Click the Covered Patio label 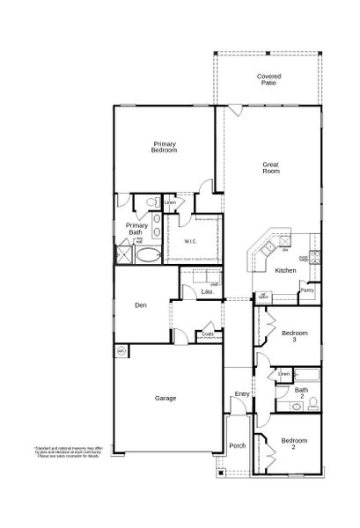click(x=269, y=79)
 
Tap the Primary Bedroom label click(x=164, y=147)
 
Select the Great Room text click(x=270, y=167)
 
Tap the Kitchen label click(x=284, y=270)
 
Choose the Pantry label click(x=307, y=290)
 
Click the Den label click(x=140, y=305)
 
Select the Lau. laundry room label click(x=208, y=291)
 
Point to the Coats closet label click(x=208, y=334)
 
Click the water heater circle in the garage click(x=121, y=350)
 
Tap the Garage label click(x=165, y=398)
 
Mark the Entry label click(x=242, y=393)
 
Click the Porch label click(x=238, y=445)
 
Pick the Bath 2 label click(x=301, y=392)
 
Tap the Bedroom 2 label click(x=295, y=442)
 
